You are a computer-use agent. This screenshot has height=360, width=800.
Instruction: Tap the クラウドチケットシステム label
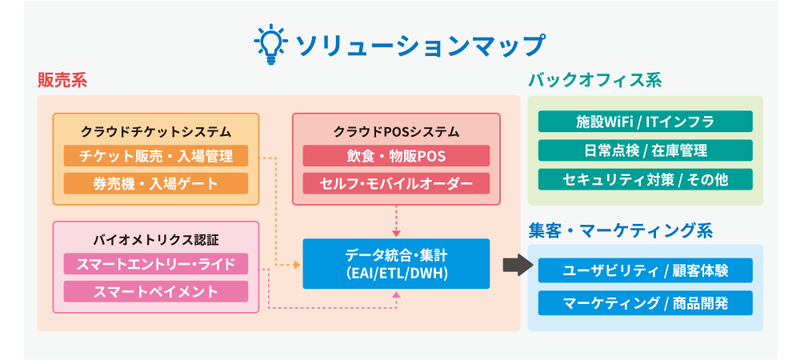[x=156, y=131]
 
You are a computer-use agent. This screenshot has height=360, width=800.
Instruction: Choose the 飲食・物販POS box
[x=396, y=156]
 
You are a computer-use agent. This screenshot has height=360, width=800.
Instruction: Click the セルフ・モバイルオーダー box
[x=396, y=183]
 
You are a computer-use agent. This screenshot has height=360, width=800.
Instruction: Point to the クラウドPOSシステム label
[x=396, y=131]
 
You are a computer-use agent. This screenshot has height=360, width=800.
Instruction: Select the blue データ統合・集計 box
[x=396, y=263]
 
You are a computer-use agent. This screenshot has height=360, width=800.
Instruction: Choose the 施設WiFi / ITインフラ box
[x=645, y=122]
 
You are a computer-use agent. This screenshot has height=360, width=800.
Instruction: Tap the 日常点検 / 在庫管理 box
[x=645, y=150]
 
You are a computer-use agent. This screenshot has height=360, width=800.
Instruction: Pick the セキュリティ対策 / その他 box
[x=645, y=179]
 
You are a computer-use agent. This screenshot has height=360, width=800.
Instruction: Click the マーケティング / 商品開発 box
[x=645, y=302]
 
